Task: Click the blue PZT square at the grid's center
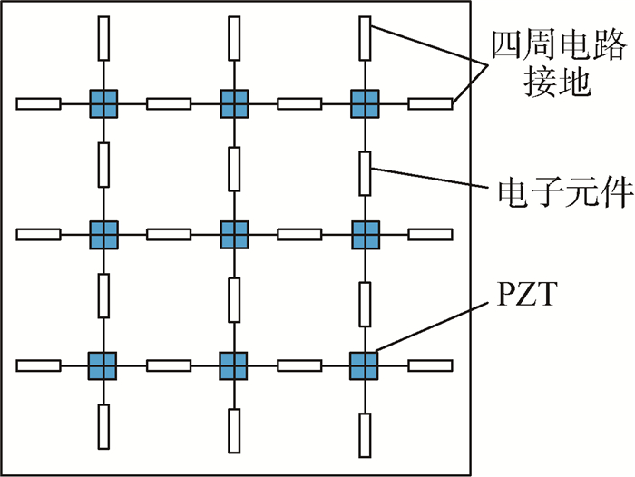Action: [x=234, y=235]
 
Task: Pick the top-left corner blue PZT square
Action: [x=103, y=103]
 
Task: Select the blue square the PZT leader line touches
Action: [x=364, y=365]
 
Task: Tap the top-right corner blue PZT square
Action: [x=365, y=103]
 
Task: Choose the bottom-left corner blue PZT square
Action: [x=103, y=365]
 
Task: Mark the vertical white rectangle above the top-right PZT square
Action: [x=365, y=40]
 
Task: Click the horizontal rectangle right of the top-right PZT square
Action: [x=430, y=103]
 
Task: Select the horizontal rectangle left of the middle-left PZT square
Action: [x=39, y=235]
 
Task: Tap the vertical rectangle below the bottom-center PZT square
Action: [x=234, y=430]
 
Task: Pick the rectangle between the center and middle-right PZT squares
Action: [x=299, y=235]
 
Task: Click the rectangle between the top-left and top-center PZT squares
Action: [x=169, y=103]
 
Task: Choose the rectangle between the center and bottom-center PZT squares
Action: [x=234, y=300]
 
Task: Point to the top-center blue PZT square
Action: [x=234, y=103]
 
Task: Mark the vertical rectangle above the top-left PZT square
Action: [x=103, y=40]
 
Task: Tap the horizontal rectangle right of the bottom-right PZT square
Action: [x=430, y=365]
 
